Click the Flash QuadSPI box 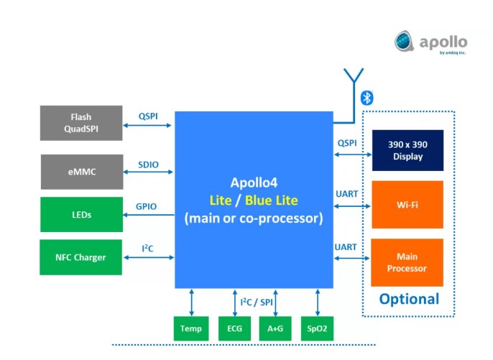pos(81,123)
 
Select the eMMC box pos(81,172)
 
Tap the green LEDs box pos(81,214)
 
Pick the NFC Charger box pos(81,257)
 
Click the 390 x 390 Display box pos(407,150)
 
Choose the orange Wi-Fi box pos(407,205)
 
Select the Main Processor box pos(407,262)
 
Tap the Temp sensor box pos(191,328)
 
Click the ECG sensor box pos(235,328)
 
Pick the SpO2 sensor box pos(317,328)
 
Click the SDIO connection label pos(149,164)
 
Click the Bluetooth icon pos(367,98)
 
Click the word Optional pos(409,299)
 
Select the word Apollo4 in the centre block pos(254,183)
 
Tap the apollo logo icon pos(405,42)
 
